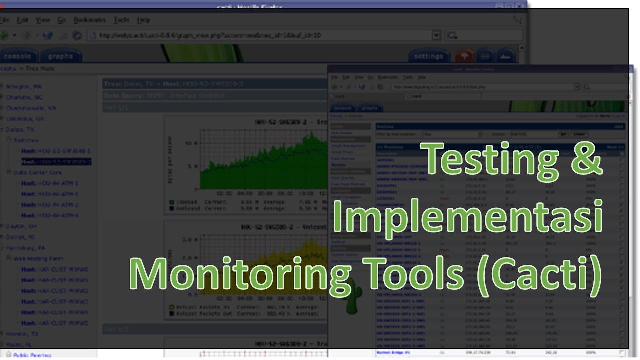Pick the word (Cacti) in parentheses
coord(539,273)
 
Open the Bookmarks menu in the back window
coord(90,20)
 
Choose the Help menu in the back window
coord(143,20)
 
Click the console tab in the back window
coord(18,56)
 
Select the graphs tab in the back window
coord(60,56)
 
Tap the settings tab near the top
coord(428,56)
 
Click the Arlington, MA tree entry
coord(23,86)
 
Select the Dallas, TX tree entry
coord(20,129)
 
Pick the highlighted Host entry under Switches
coord(56,162)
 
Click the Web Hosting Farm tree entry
coord(38,259)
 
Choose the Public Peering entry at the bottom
coord(32,355)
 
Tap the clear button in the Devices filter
coord(579,134)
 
